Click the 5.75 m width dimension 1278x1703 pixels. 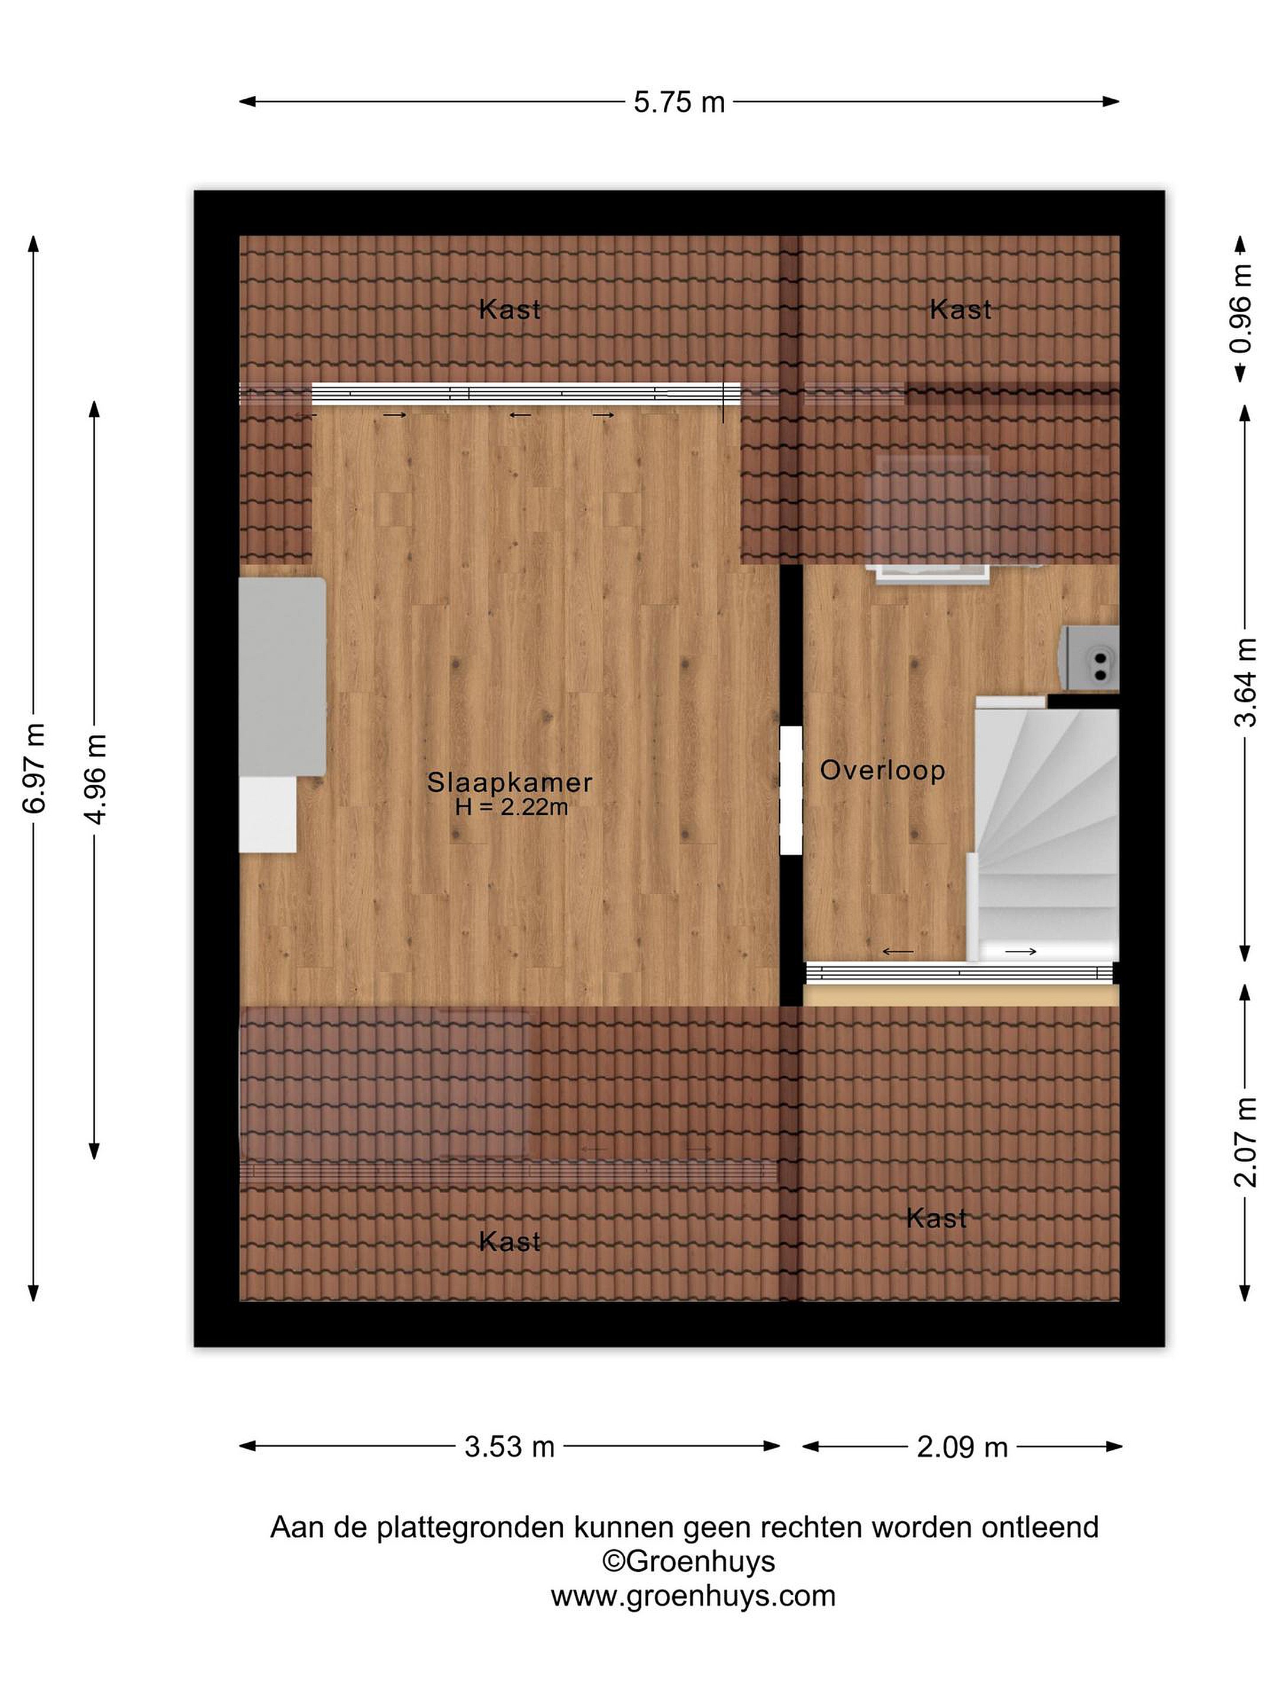[679, 102]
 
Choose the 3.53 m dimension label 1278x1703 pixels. [509, 1446]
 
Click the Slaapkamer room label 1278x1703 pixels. [510, 782]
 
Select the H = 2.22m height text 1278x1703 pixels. [512, 807]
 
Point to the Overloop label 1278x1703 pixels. [882, 770]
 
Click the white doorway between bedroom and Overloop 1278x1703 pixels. [791, 791]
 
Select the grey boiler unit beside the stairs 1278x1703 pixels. [1090, 658]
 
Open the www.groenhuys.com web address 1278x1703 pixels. [692, 1596]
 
